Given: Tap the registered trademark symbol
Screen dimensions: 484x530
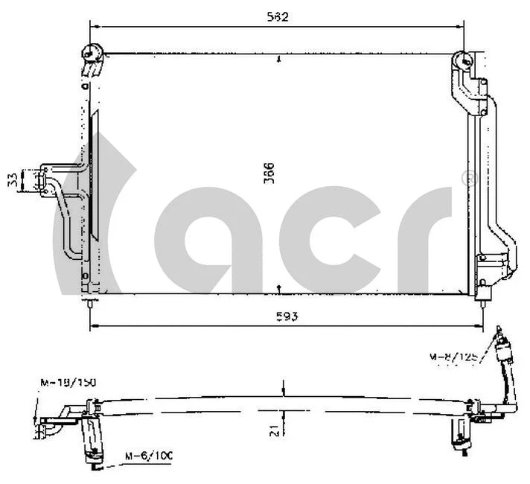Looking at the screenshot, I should point(469,178).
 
